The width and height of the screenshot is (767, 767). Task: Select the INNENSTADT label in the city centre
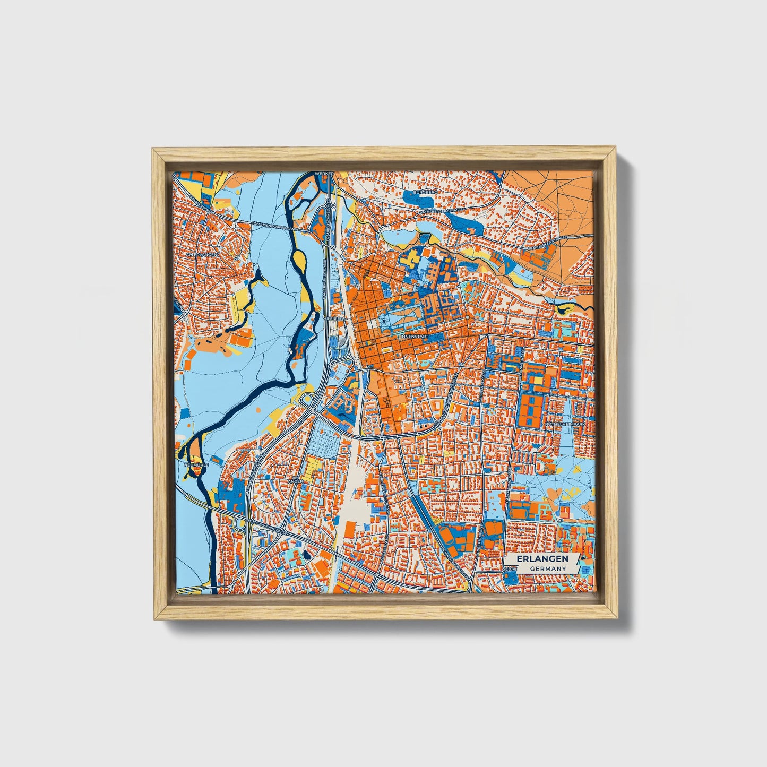(415, 337)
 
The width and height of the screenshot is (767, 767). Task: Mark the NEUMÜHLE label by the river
(195, 464)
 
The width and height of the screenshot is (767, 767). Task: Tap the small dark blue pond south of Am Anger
(307, 556)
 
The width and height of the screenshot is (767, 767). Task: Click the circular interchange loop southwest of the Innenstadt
(307, 399)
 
